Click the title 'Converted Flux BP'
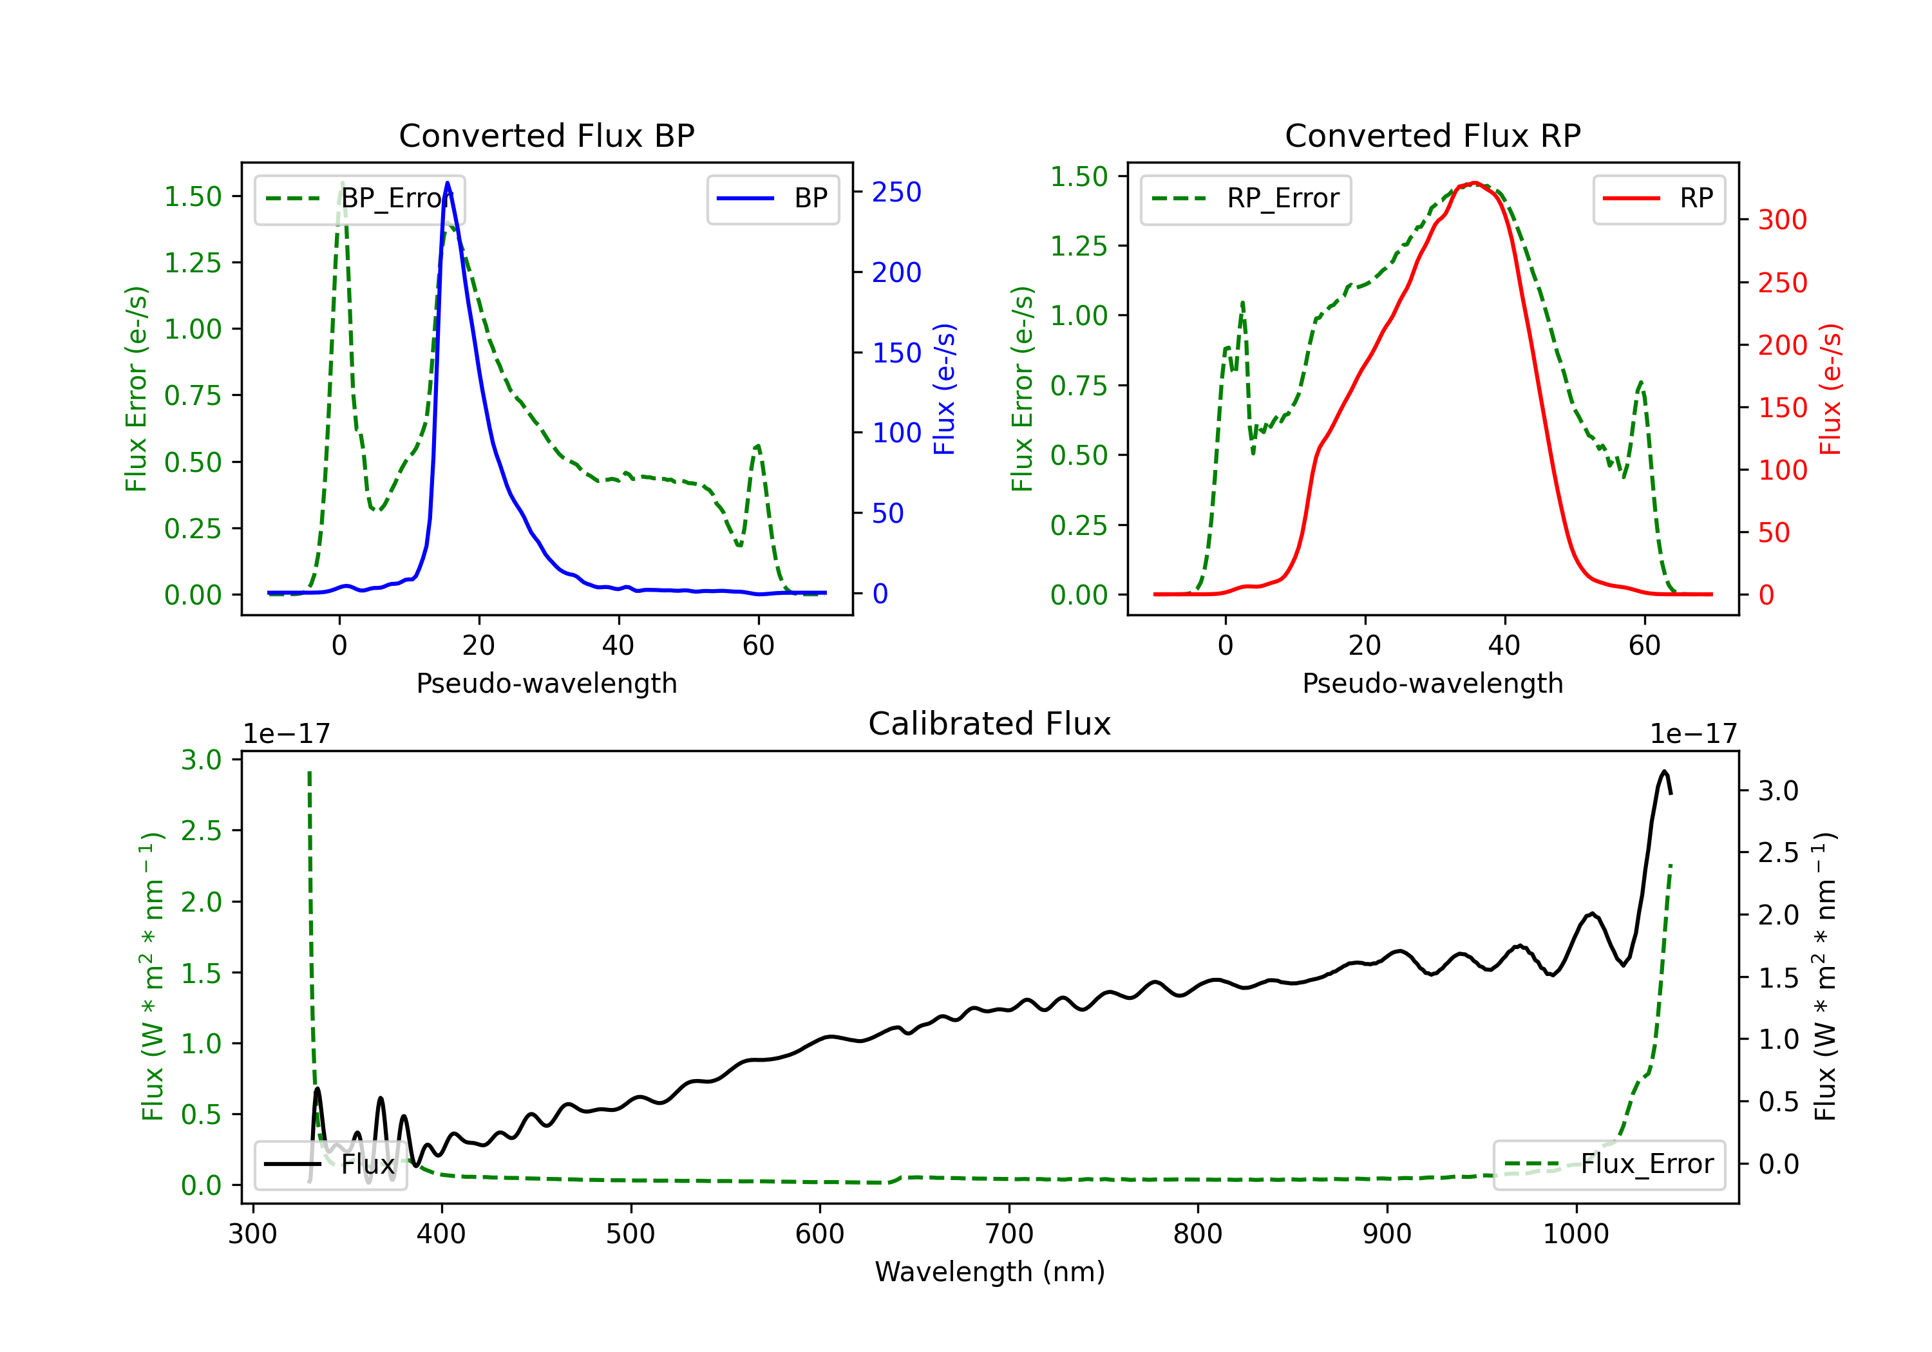click(546, 135)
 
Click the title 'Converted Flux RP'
click(1432, 135)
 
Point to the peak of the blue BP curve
click(447, 183)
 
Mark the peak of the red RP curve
click(1474, 183)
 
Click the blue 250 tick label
click(896, 192)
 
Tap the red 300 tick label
click(1782, 220)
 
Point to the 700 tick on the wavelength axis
click(1009, 1234)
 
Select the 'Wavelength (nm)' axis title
click(990, 1272)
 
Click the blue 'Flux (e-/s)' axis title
click(945, 389)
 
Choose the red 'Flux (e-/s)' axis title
click(1831, 389)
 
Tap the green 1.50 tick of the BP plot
click(193, 197)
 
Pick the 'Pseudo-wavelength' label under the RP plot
click(1432, 683)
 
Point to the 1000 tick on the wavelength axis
click(1575, 1234)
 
